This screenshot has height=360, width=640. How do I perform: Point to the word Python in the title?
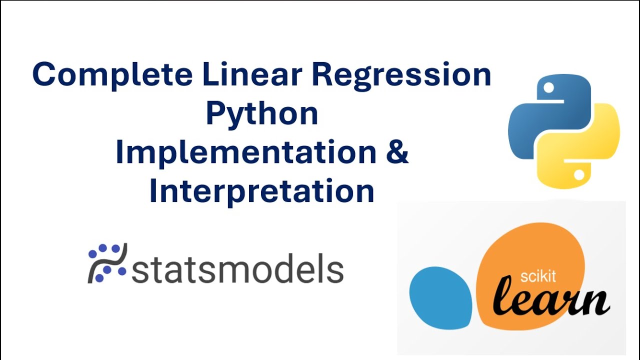point(262,115)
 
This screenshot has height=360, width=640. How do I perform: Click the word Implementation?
point(245,153)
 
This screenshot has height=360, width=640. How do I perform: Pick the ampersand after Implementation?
point(397,153)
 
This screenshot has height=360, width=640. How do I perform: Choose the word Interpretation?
point(262,191)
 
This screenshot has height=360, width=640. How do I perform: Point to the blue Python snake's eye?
point(549,88)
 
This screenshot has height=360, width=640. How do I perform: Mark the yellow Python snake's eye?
point(579,175)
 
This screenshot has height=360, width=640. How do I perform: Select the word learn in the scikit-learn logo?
point(550,300)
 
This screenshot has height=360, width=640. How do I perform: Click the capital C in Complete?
point(43,75)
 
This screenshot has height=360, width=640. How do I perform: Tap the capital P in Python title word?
point(214,114)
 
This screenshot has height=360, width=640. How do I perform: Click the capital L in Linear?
point(210,75)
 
